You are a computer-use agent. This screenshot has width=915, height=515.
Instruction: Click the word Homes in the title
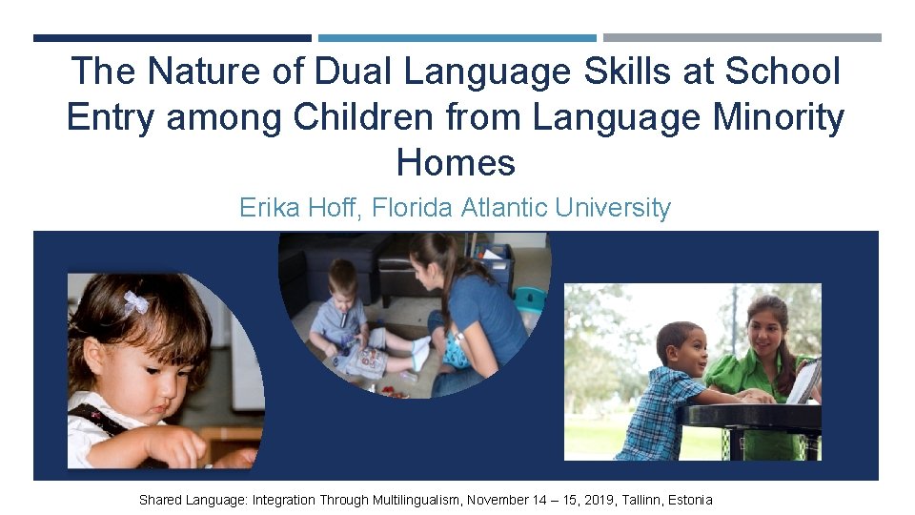click(456, 163)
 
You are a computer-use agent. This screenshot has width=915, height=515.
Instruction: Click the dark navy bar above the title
click(172, 38)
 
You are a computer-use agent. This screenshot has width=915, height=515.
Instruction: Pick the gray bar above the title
click(742, 38)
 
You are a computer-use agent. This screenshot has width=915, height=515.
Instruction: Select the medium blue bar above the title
click(457, 38)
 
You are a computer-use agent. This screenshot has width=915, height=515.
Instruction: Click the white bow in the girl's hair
click(135, 302)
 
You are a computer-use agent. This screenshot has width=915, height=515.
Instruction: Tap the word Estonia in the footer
click(688, 500)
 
